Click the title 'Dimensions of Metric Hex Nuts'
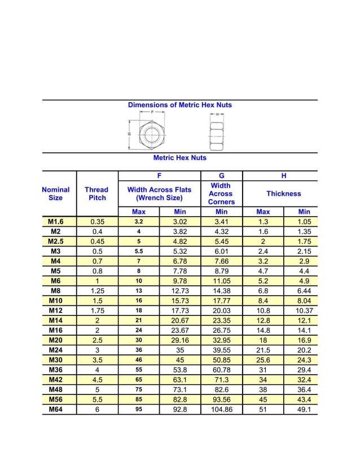[x=179, y=105]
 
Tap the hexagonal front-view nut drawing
[x=151, y=134]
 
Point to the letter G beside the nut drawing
[x=130, y=134]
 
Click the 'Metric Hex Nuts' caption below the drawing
[x=179, y=158]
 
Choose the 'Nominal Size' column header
[x=56, y=194]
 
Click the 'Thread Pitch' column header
[x=96, y=194]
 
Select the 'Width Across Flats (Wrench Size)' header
[x=160, y=194]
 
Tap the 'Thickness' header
[x=283, y=194]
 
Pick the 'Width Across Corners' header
[x=221, y=194]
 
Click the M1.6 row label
[x=56, y=222]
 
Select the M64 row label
[x=56, y=410]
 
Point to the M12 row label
[x=56, y=310]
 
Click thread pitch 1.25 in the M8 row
[x=97, y=291]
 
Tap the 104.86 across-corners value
[x=221, y=410]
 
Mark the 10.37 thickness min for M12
[x=304, y=310]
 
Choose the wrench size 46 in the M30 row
[x=139, y=360]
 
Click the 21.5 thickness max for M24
[x=263, y=350]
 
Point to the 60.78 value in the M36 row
[x=221, y=370]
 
